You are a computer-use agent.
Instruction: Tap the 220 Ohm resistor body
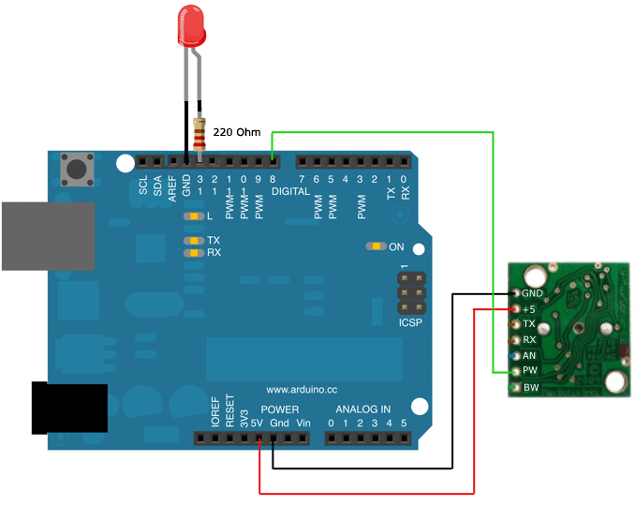pos(199,136)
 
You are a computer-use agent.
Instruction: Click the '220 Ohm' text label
pos(237,133)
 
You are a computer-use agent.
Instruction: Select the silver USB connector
pos(47,235)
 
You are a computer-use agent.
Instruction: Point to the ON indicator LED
pos(376,247)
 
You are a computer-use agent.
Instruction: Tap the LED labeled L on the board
pos(194,216)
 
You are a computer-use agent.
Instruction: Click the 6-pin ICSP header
pos(408,295)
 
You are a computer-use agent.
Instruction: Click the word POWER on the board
pos(279,410)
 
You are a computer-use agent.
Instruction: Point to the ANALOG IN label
pos(363,410)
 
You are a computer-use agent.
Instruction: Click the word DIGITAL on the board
pos(289,191)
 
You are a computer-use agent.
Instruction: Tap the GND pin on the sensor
pos(516,292)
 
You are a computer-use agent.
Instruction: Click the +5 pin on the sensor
pos(516,308)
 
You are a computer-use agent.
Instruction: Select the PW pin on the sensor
pos(516,371)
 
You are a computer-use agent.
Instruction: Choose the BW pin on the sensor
pos(516,387)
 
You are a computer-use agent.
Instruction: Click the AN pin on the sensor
pos(516,356)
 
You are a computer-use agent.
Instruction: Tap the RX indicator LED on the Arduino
pos(194,253)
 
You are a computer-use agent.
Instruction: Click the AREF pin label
pos(172,186)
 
